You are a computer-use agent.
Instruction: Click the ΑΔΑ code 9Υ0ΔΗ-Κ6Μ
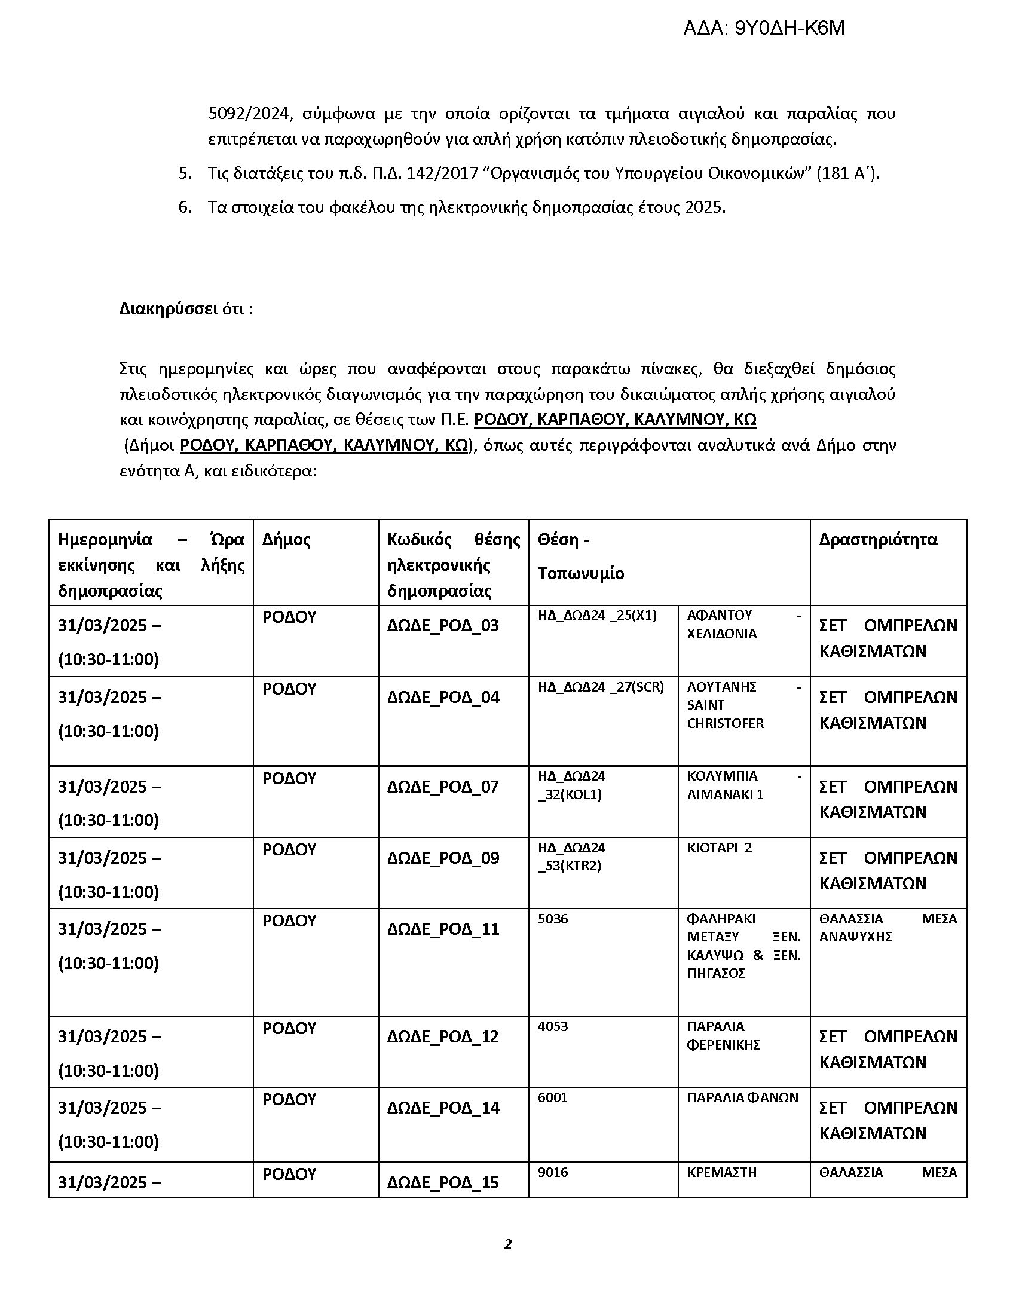pyautogui.click(x=764, y=28)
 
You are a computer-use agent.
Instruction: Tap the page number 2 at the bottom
pyautogui.click(x=507, y=1243)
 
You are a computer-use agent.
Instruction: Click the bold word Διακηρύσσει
pyautogui.click(x=169, y=309)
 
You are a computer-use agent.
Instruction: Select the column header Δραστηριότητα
pyautogui.click(x=877, y=540)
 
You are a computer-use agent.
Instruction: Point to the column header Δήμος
pyautogui.click(x=286, y=540)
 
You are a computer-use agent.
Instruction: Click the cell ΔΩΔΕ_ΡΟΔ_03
pyautogui.click(x=443, y=626)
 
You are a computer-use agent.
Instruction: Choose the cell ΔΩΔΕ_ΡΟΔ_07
pyautogui.click(x=443, y=787)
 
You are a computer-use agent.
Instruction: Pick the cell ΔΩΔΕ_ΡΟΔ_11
pyautogui.click(x=443, y=929)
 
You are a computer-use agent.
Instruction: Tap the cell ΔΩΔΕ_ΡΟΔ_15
pyautogui.click(x=443, y=1182)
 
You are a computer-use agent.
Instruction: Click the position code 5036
pyautogui.click(x=553, y=919)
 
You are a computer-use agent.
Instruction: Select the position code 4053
pyautogui.click(x=553, y=1026)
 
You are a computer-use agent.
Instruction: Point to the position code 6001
pyautogui.click(x=553, y=1097)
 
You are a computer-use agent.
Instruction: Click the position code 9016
pyautogui.click(x=553, y=1172)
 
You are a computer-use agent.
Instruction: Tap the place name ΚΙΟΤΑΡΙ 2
pyautogui.click(x=719, y=848)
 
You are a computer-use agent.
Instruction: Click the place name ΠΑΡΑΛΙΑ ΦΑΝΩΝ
pyautogui.click(x=743, y=1097)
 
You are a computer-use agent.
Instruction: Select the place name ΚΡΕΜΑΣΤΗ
pyautogui.click(x=722, y=1172)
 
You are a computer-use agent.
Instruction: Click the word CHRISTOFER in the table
pyautogui.click(x=726, y=723)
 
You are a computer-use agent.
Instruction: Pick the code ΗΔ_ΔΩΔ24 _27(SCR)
pyautogui.click(x=601, y=687)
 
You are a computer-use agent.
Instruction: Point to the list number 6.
pyautogui.click(x=185, y=208)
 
